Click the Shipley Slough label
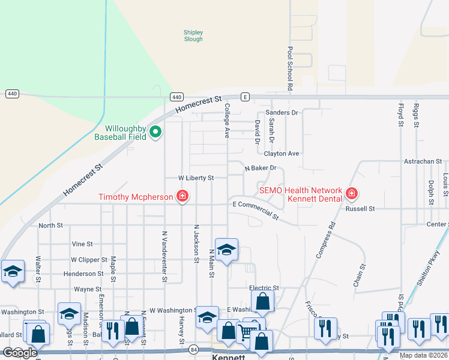pyautogui.click(x=193, y=35)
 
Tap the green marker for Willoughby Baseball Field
pyautogui.click(x=155, y=132)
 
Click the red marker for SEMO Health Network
pyautogui.click(x=352, y=193)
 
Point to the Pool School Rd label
pyautogui.click(x=289, y=68)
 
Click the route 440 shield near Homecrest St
pyautogui.click(x=176, y=97)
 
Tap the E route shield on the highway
pyautogui.click(x=244, y=97)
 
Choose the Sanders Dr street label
pyautogui.click(x=282, y=112)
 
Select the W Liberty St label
pyautogui.click(x=196, y=178)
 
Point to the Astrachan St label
pyautogui.click(x=423, y=161)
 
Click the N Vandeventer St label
pyautogui.click(x=164, y=256)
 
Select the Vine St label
pyautogui.click(x=82, y=244)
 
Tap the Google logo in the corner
pyautogui.click(x=20, y=353)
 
